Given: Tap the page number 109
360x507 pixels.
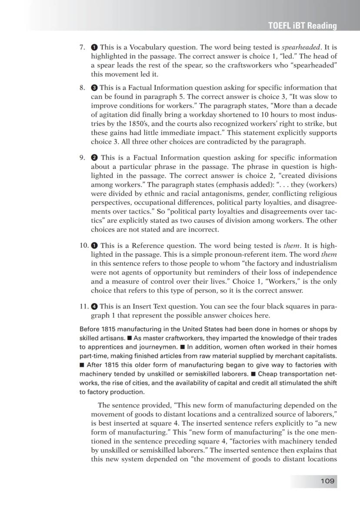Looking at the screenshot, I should point(327,480).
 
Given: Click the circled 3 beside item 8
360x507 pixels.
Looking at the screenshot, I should point(94,87).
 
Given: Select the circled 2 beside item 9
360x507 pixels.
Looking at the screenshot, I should point(94,158).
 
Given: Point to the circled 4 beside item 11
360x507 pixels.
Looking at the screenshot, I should point(94,306).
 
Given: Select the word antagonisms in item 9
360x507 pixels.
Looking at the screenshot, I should point(203,202).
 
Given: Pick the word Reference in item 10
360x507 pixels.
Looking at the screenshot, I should point(139,245).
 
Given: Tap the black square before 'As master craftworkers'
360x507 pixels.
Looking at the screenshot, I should point(130,338).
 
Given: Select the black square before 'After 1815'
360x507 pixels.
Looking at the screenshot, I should point(82,365).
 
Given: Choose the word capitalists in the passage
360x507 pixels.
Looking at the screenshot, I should point(321,356).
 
